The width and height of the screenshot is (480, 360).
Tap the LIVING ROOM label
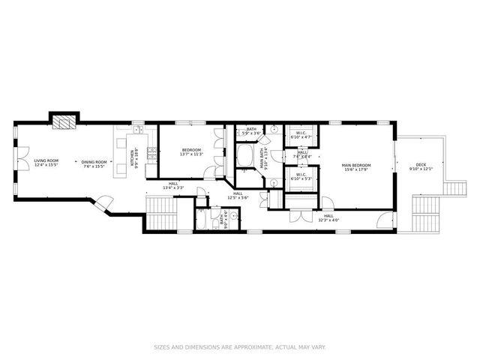[x=46, y=163]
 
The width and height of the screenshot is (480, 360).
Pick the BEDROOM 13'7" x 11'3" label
[x=191, y=153]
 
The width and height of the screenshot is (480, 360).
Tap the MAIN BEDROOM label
[x=356, y=167]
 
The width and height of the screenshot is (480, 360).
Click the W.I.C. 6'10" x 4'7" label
[x=300, y=136]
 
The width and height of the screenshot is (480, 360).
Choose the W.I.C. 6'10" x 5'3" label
[x=300, y=178]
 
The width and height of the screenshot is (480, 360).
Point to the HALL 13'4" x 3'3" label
[x=173, y=185]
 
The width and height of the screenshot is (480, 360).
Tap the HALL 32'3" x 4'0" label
[x=328, y=218]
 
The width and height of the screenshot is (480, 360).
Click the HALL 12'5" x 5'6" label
[x=238, y=196]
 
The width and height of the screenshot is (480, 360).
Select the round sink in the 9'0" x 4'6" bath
[x=233, y=217]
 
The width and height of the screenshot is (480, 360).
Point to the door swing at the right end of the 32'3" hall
[x=385, y=220]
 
